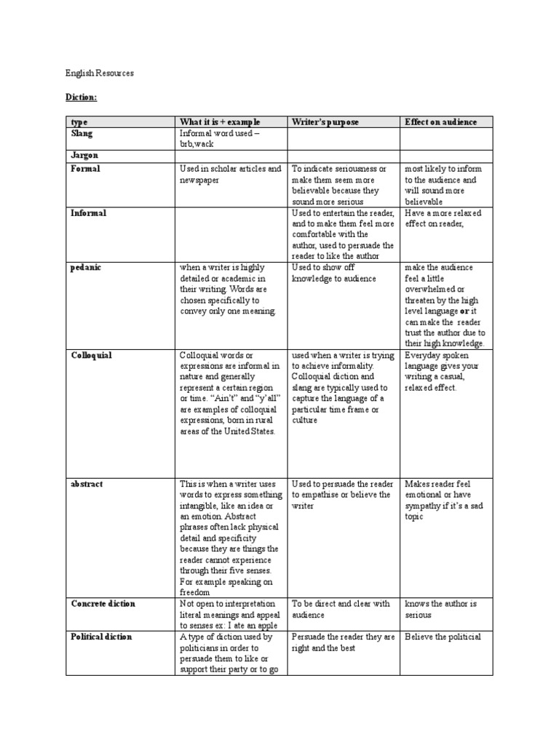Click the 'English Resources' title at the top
(99, 73)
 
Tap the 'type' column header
(78, 121)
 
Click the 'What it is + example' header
(219, 121)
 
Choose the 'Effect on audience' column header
(440, 121)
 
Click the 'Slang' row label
(83, 134)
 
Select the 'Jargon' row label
(84, 156)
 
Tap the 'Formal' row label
(85, 169)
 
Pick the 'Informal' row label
(88, 213)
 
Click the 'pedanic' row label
(86, 268)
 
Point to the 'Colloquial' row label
(91, 356)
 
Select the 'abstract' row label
(87, 483)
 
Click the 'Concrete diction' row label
(103, 604)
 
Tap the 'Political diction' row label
(101, 637)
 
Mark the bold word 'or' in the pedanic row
(464, 311)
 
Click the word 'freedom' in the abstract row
(194, 592)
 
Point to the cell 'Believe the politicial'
(443, 637)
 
